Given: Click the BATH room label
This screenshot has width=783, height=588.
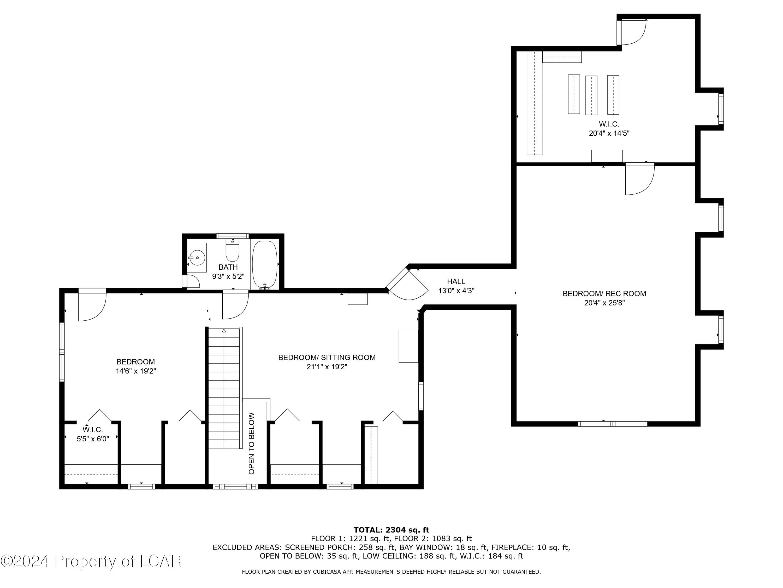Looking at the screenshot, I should click(x=228, y=267).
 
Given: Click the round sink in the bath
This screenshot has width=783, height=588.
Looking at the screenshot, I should click(x=197, y=258).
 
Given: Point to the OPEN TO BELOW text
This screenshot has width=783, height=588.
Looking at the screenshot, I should click(x=252, y=443).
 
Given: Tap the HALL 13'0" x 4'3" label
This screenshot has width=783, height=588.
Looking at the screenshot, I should click(x=456, y=286).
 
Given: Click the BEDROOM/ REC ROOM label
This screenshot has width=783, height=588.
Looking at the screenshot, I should click(x=604, y=293).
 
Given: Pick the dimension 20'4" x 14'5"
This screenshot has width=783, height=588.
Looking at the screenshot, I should click(x=609, y=134).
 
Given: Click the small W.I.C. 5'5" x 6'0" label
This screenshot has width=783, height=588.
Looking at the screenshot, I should click(x=93, y=434).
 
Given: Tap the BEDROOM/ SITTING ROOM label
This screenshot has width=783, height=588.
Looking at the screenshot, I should click(x=327, y=358).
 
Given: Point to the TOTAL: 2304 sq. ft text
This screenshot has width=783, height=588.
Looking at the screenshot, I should click(x=391, y=530).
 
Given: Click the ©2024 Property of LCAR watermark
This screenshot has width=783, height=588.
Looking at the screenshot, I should click(x=91, y=561).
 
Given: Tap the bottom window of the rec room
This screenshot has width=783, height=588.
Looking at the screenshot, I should click(x=612, y=424).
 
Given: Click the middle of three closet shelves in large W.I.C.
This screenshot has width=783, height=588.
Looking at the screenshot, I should click(x=591, y=95).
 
